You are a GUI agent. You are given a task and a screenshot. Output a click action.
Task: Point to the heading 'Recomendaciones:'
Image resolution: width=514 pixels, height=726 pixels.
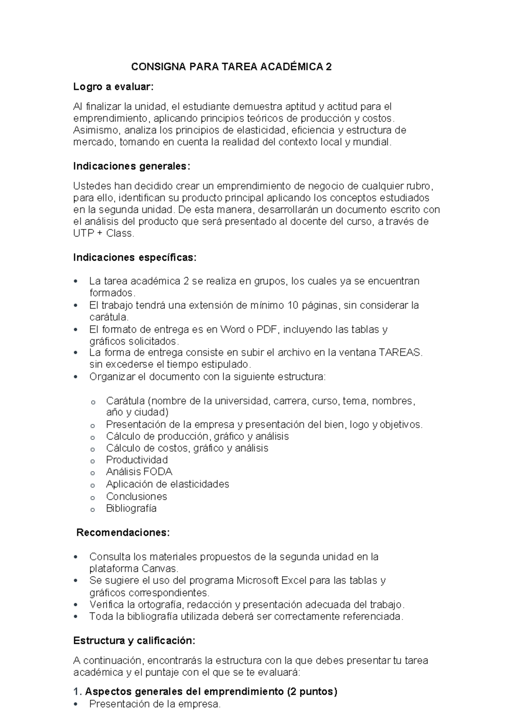pyautogui.click(x=123, y=533)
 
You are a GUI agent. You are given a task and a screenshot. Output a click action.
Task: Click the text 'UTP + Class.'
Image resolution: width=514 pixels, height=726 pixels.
pyautogui.click(x=104, y=234)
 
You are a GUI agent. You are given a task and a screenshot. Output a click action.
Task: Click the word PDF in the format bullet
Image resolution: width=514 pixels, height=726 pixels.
pyautogui.click(x=268, y=329)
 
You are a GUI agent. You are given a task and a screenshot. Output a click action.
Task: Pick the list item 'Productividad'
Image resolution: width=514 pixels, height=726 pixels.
pyautogui.click(x=137, y=460)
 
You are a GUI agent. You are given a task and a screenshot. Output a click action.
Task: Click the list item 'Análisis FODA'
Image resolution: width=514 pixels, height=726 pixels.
pyautogui.click(x=139, y=472)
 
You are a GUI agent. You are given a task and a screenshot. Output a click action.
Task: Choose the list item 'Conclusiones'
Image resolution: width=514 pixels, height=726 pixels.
pyautogui.click(x=136, y=497)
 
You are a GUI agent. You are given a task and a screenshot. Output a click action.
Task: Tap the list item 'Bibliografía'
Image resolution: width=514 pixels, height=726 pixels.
pyautogui.click(x=131, y=509)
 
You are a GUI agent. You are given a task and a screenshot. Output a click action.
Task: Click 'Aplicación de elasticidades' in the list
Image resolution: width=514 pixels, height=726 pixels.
pyautogui.click(x=167, y=484)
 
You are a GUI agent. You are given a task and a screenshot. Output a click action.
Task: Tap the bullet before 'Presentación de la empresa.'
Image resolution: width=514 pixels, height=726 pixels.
pyautogui.click(x=76, y=704)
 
